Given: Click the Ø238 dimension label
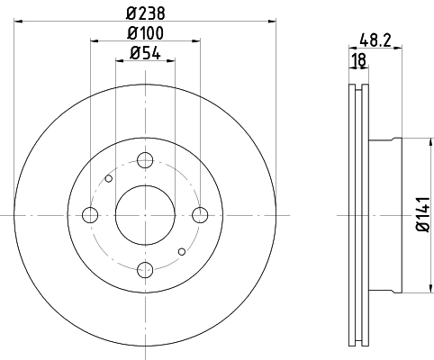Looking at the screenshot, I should [x=145, y=12].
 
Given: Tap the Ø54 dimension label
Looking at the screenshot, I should [x=145, y=53].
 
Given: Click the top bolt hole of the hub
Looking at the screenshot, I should [x=145, y=160].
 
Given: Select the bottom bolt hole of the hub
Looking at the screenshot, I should [x=145, y=268].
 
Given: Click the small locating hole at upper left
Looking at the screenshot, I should [x=109, y=178].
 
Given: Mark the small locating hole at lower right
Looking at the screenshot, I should [x=181, y=251].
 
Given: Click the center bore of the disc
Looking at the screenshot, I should [x=145, y=214].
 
